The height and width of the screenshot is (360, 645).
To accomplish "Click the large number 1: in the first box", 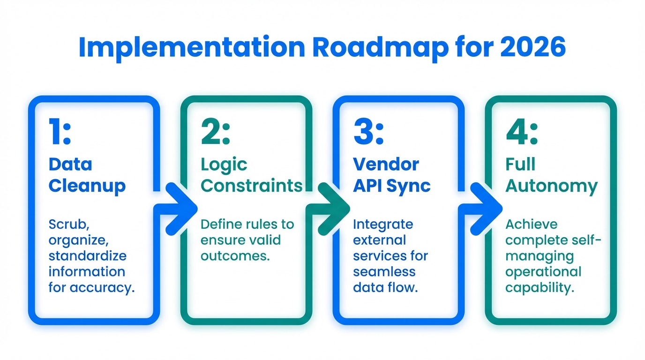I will click(x=60, y=132).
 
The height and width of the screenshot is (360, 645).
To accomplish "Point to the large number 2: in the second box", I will click(x=216, y=132).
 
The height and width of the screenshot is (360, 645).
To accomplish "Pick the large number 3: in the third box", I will click(x=368, y=132).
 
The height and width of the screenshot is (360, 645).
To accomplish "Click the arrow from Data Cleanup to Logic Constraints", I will click(x=177, y=208).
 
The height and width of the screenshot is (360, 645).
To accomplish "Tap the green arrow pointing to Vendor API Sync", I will click(x=330, y=208).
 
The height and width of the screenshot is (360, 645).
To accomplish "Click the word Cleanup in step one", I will click(x=87, y=186).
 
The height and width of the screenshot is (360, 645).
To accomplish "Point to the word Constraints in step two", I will click(x=251, y=186).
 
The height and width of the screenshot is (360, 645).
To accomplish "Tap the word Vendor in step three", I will click(x=386, y=164).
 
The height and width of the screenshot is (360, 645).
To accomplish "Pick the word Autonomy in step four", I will click(x=551, y=186).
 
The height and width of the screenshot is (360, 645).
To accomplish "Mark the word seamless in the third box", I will click(x=384, y=272).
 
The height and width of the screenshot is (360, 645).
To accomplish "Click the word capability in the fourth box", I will click(x=540, y=288).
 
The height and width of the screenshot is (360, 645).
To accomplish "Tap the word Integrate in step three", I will click(x=382, y=225).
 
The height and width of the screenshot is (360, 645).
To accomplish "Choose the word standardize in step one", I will click(x=88, y=256).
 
